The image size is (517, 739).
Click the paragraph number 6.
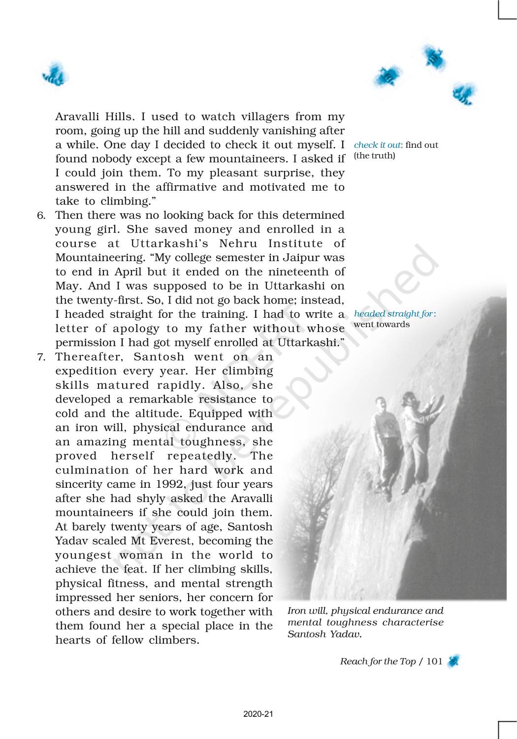tap(41, 215)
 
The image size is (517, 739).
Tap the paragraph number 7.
tap(41, 357)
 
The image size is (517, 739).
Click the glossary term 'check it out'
tap(378, 145)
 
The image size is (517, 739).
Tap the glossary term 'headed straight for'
tap(393, 314)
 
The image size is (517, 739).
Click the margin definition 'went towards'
tap(382, 324)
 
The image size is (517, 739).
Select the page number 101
tap(434, 661)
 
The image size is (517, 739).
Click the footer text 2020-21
tap(258, 714)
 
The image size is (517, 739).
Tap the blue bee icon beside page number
tap(453, 661)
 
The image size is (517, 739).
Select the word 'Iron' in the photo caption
tap(296, 611)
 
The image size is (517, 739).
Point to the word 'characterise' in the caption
tap(413, 622)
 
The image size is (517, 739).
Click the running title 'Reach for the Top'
tap(378, 661)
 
